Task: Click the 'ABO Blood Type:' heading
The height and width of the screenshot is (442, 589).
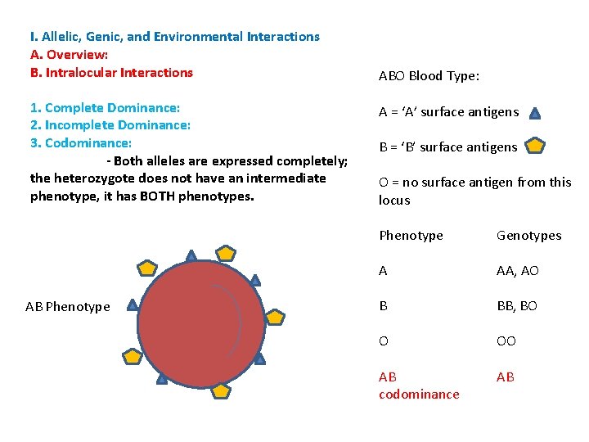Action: tap(429, 76)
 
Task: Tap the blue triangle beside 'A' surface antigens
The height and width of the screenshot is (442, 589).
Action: tap(535, 113)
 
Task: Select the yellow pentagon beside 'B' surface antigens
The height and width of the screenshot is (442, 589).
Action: tap(535, 147)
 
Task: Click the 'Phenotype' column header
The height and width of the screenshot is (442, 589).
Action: tap(411, 236)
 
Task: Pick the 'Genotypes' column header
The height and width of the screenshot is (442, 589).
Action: tap(528, 236)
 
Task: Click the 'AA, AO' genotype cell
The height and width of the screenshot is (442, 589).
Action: tap(517, 271)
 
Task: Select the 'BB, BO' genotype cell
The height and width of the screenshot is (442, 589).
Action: tap(516, 306)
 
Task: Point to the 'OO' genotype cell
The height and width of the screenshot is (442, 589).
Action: tap(506, 341)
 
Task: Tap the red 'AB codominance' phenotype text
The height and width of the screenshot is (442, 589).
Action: tap(418, 386)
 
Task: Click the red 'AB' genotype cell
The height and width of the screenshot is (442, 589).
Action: tap(506, 377)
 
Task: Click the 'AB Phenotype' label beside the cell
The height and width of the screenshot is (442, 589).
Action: tap(67, 307)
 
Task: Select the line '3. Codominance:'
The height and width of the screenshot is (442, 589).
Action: tap(86, 143)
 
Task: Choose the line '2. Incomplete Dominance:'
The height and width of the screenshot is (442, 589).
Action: tap(110, 125)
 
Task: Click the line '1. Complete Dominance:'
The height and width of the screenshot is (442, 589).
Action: tap(105, 108)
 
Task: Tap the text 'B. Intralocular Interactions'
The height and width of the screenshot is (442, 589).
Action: tap(111, 73)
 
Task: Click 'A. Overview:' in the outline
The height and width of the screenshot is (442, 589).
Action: tap(69, 55)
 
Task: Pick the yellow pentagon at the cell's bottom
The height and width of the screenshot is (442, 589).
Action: tap(221, 390)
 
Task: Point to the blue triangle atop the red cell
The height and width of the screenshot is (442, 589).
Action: tap(191, 256)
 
